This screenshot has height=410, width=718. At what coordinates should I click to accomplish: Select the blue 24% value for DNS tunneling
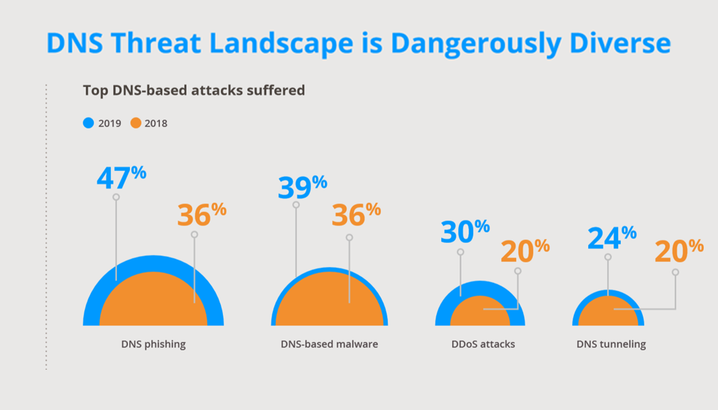coord(612,238)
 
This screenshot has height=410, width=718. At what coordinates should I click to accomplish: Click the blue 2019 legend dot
coord(88,123)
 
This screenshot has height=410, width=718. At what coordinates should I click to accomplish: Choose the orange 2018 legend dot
coord(136,123)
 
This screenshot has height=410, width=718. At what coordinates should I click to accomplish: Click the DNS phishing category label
coord(153,344)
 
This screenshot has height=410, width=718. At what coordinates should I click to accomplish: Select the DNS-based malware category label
coord(329,344)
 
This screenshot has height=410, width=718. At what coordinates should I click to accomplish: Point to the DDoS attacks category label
coord(483,344)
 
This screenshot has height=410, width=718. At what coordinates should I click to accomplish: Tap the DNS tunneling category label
coord(611,344)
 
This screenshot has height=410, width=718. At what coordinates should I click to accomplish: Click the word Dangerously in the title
coord(477,44)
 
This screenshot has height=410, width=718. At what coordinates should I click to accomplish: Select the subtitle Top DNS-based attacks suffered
coord(194,91)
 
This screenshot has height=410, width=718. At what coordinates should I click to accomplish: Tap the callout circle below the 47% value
coord(116,197)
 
